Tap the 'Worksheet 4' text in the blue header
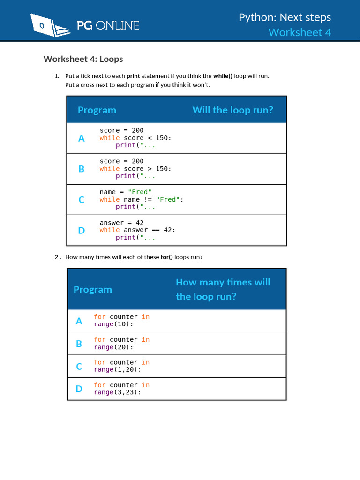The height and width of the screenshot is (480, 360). (x=300, y=32)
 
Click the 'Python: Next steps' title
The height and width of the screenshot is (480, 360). (x=285, y=17)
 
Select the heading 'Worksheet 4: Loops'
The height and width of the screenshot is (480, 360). (x=83, y=59)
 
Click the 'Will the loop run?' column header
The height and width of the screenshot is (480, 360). (x=232, y=110)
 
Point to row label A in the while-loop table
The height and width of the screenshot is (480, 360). (x=82, y=138)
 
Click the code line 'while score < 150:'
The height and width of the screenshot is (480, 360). (x=135, y=138)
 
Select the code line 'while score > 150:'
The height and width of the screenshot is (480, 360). (x=135, y=169)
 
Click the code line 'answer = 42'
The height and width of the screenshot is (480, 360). (x=121, y=223)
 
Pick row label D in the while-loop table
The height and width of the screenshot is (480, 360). (x=82, y=230)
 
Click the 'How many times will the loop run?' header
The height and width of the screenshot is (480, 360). (x=223, y=289)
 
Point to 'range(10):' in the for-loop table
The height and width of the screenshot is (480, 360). (x=113, y=324)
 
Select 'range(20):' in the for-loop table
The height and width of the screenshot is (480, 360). (x=113, y=347)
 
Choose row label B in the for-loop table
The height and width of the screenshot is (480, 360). (x=79, y=344)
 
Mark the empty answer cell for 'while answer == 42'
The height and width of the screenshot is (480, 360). (x=234, y=230)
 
